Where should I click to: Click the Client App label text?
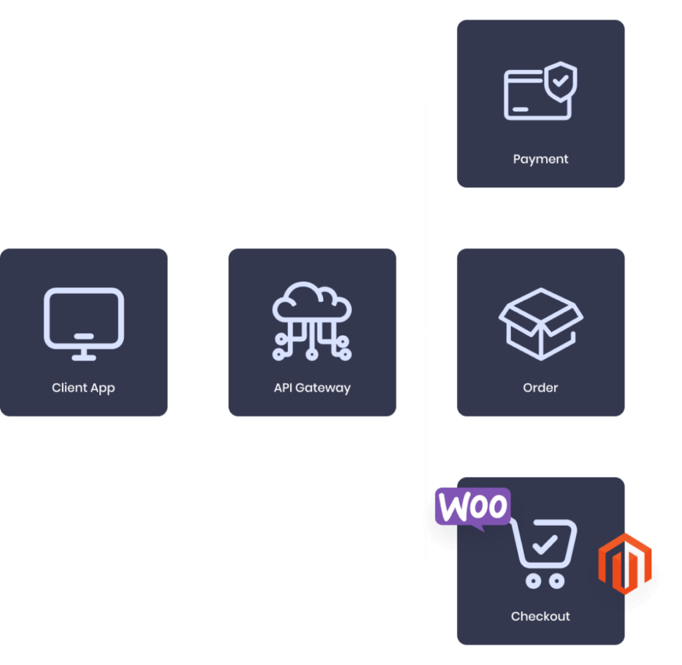[83, 388]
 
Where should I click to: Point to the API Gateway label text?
[312, 388]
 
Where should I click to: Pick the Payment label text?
[540, 159]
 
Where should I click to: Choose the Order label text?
[540, 388]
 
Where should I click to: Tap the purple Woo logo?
[472, 508]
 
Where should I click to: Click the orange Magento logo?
[624, 563]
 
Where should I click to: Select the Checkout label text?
[540, 616]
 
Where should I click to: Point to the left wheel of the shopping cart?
[532, 581]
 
